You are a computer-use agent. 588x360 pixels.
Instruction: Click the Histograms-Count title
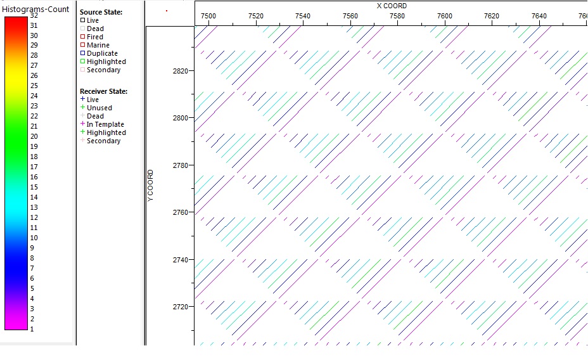(35, 10)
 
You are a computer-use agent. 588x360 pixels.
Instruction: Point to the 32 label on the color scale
(34, 15)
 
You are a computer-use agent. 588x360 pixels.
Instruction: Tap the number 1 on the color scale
(32, 329)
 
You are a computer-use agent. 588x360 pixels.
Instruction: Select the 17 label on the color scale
(34, 167)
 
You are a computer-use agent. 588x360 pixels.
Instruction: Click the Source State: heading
(101, 12)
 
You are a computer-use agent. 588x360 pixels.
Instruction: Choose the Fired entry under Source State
(95, 37)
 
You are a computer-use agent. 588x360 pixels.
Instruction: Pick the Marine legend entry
(98, 45)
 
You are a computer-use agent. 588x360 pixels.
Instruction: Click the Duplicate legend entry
(102, 53)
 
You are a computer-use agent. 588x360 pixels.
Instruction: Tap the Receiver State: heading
(104, 91)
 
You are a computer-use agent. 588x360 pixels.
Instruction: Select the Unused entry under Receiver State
(99, 108)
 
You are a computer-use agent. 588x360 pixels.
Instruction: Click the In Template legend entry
(105, 124)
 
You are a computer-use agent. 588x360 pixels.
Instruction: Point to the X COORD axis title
(392, 6)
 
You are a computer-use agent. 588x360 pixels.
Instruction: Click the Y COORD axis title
(151, 186)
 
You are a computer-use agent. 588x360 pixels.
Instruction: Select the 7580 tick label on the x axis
(397, 16)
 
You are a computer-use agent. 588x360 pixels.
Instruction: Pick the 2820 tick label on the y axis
(180, 71)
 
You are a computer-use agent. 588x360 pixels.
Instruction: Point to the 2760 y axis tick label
(180, 212)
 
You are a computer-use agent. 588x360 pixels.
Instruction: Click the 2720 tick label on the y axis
(180, 307)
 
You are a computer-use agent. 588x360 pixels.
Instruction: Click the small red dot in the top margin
(167, 10)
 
